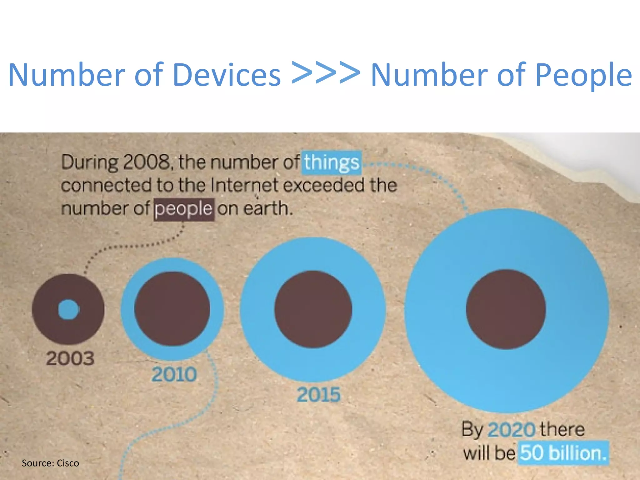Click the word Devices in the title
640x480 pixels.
(x=227, y=75)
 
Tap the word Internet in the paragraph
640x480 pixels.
(x=244, y=185)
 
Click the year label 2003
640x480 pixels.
(x=70, y=358)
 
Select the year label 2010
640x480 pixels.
(x=174, y=374)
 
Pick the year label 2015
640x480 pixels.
(x=318, y=395)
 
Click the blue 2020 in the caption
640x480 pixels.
(x=512, y=430)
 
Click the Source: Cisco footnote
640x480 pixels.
(x=50, y=463)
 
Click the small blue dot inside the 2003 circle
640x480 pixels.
(x=69, y=309)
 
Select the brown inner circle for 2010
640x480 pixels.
(x=172, y=309)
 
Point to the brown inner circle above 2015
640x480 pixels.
(x=313, y=309)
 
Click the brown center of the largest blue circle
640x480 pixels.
(x=506, y=309)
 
